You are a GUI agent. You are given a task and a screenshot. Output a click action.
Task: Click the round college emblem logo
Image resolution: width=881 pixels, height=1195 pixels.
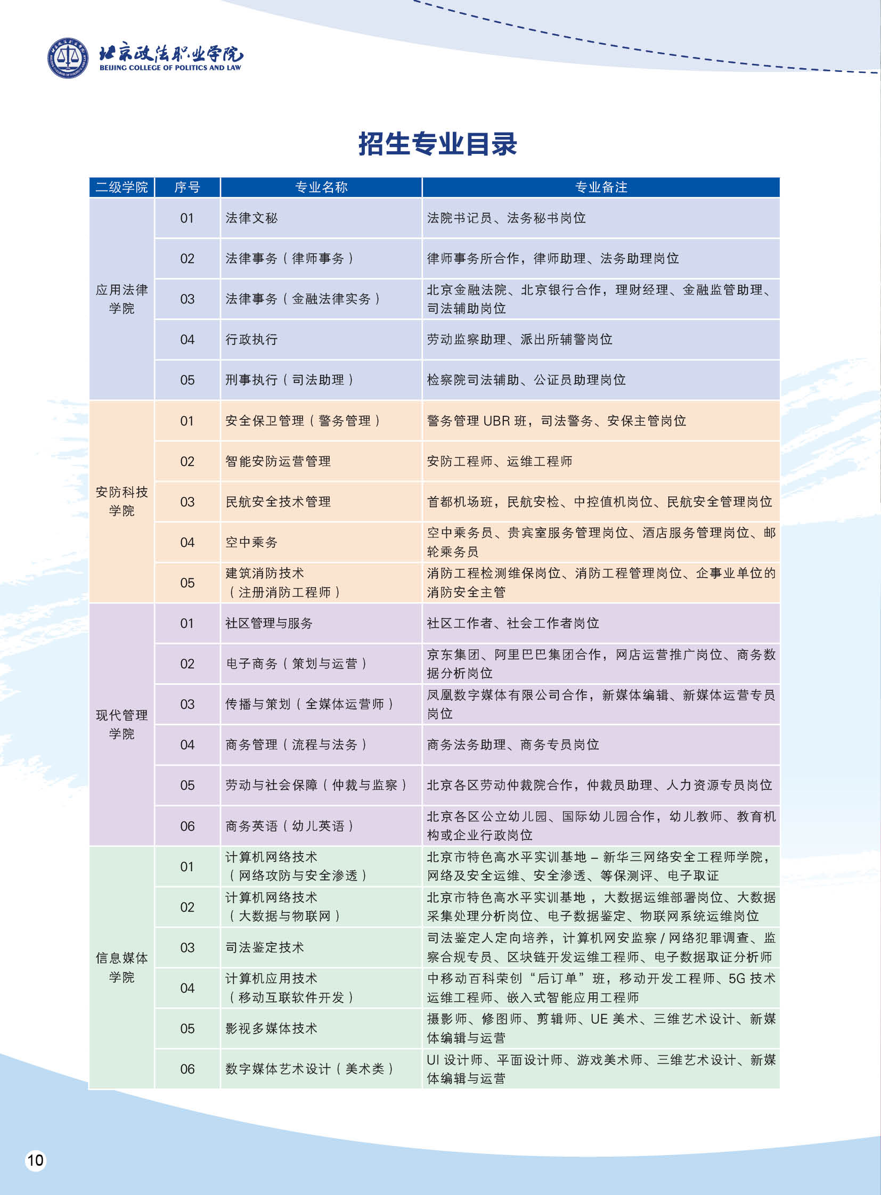(68, 58)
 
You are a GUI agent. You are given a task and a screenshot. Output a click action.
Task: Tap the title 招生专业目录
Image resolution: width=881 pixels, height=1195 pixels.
(437, 144)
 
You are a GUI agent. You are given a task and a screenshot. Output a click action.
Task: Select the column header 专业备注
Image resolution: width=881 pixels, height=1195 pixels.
(601, 187)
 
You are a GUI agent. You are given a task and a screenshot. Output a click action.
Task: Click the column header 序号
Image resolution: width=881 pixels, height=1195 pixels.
(187, 187)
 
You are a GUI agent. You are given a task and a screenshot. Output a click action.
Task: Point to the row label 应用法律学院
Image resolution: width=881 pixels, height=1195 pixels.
(121, 299)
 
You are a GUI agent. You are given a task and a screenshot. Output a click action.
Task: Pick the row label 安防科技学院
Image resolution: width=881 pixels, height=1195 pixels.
(121, 501)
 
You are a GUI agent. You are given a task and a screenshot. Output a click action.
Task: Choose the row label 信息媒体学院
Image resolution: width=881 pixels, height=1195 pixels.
(121, 967)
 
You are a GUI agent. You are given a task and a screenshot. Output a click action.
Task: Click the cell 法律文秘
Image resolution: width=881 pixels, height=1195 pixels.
(252, 218)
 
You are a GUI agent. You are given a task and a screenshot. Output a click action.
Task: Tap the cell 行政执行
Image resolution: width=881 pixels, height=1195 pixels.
(252, 340)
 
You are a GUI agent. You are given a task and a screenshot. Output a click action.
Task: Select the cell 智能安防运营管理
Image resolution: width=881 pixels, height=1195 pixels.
(278, 461)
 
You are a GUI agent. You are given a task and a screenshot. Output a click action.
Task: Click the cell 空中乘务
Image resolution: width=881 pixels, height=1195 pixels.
(252, 542)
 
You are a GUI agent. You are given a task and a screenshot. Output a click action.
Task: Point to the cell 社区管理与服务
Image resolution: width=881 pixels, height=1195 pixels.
(269, 624)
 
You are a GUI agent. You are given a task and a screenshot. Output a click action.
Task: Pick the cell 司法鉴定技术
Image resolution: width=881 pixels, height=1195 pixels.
(265, 947)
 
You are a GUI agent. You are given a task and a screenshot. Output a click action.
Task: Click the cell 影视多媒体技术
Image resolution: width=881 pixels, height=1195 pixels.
(271, 1029)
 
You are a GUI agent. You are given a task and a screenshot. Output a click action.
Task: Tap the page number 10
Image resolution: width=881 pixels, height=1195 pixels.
(35, 1160)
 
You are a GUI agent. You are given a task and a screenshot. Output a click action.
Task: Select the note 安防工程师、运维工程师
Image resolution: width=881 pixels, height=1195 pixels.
(499, 461)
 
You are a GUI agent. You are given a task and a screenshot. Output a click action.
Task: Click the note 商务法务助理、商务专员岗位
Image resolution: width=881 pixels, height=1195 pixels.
(512, 745)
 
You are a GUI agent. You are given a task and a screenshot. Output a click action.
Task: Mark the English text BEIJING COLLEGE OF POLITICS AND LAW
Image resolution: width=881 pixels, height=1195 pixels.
(170, 68)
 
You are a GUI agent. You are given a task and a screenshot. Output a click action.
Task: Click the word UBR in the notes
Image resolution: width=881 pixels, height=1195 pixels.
(496, 421)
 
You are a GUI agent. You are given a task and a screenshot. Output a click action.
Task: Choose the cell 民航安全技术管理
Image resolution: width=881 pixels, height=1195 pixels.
(278, 502)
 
